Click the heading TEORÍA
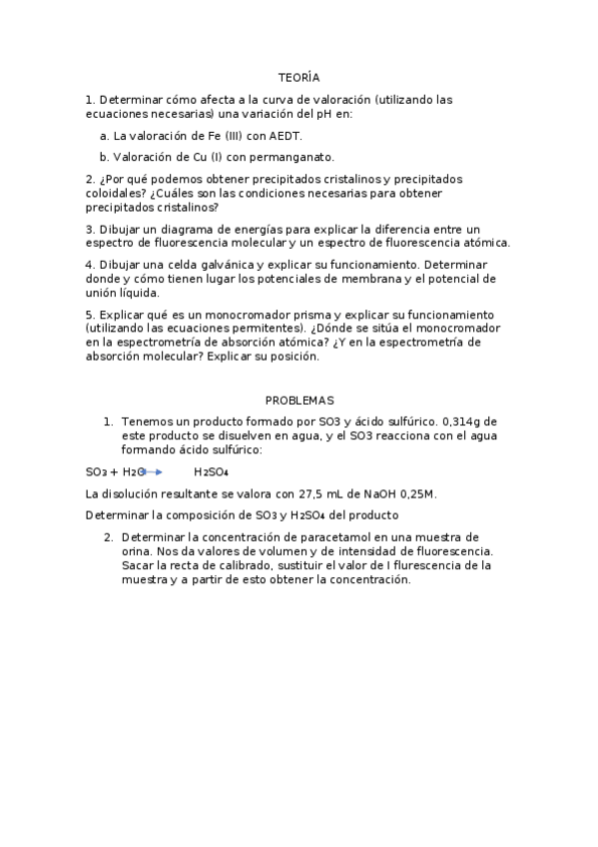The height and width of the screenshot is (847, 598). click(x=299, y=77)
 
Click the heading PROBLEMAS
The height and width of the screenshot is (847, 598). click(x=299, y=400)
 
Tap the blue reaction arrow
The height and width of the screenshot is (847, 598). click(x=155, y=471)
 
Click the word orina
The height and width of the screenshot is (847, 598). click(x=138, y=551)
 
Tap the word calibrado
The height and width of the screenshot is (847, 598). click(x=227, y=565)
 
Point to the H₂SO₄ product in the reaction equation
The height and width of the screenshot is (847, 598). click(x=211, y=472)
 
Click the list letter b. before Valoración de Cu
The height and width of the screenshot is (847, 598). click(x=105, y=157)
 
